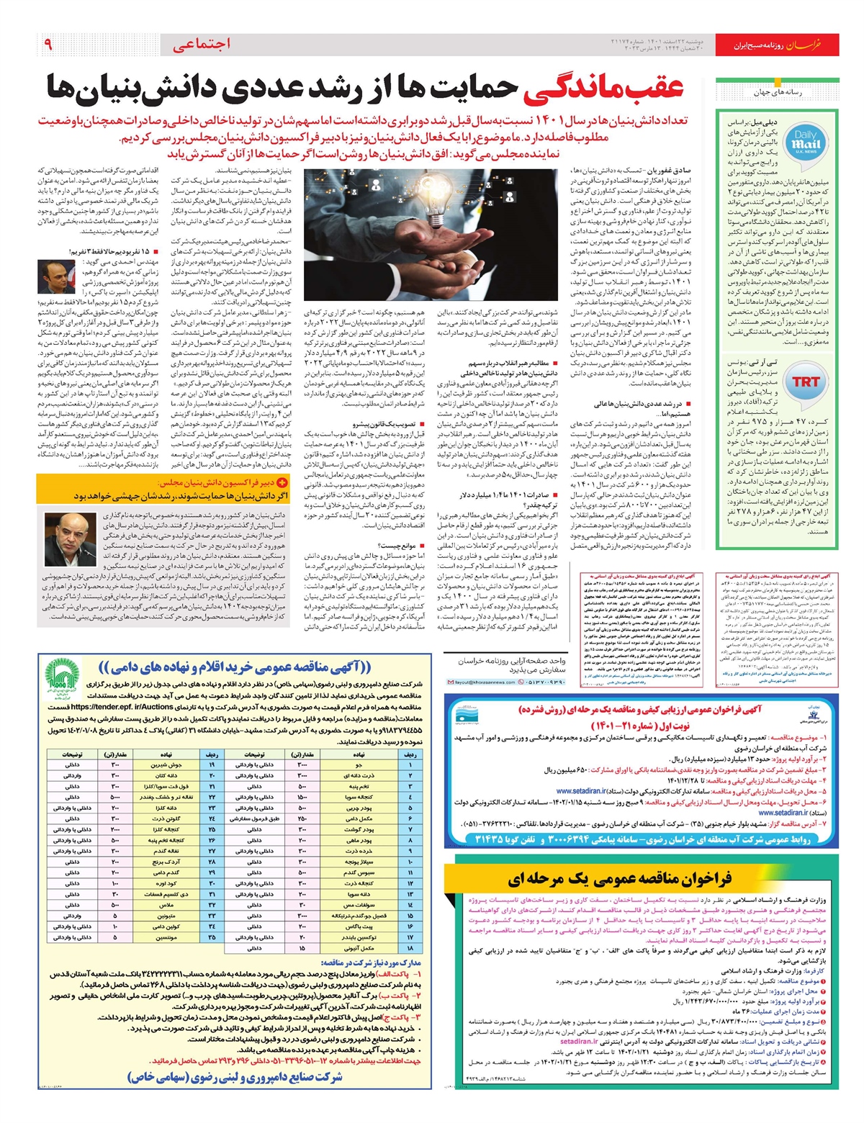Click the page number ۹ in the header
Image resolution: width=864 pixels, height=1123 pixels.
click(x=48, y=45)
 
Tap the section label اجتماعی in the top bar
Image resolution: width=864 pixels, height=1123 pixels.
click(x=202, y=45)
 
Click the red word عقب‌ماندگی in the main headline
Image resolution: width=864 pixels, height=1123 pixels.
click(x=612, y=88)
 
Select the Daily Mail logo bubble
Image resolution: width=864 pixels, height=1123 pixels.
click(x=805, y=141)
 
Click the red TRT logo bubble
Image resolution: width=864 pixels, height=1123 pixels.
click(x=806, y=382)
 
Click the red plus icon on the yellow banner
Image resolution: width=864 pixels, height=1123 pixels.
click(x=282, y=483)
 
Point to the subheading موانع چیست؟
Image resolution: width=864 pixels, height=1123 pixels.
click(x=397, y=546)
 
